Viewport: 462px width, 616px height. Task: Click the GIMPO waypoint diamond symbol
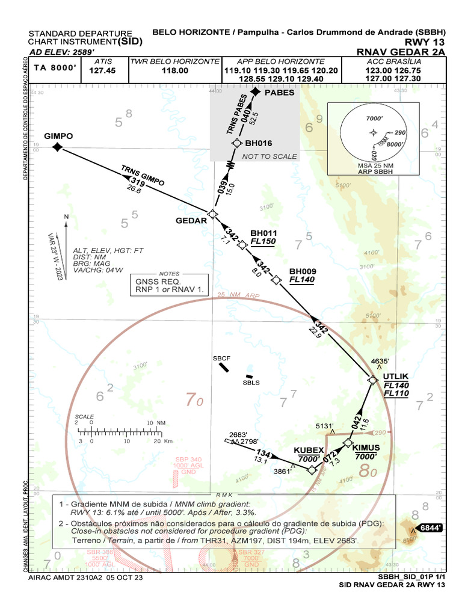(58, 147)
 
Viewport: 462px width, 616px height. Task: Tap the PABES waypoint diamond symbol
(256, 92)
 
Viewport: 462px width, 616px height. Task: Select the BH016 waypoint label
(259, 143)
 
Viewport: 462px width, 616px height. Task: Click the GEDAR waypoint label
(191, 220)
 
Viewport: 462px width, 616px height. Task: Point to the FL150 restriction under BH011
(263, 242)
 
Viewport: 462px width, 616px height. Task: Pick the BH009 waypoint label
(303, 271)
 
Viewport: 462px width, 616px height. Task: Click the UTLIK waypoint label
(396, 377)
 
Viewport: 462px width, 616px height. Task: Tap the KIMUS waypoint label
(366, 448)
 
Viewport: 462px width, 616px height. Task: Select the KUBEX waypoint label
(309, 450)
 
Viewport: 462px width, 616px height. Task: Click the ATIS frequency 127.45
(102, 70)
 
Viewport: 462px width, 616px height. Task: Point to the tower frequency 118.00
(175, 70)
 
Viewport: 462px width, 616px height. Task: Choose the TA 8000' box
(55, 69)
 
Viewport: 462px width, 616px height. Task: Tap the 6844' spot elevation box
(430, 528)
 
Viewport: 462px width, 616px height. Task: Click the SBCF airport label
(222, 359)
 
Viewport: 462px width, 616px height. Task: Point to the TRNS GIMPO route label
(143, 174)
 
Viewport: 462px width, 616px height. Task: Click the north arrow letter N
(67, 217)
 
